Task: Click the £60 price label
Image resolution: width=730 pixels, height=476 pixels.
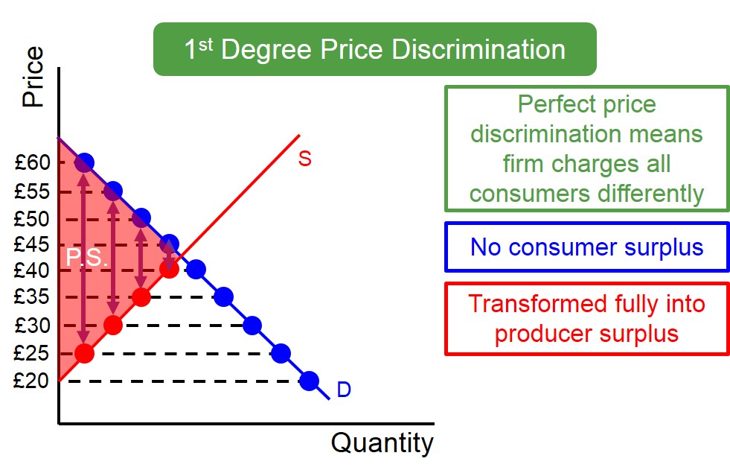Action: (x=31, y=162)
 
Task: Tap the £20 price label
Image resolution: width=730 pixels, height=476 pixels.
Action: (x=31, y=381)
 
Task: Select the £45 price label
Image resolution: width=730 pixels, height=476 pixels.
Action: (x=31, y=244)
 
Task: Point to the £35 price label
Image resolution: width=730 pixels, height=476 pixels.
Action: (x=31, y=297)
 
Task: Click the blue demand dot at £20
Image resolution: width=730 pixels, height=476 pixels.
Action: (x=309, y=381)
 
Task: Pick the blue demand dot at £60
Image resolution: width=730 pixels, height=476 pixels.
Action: (x=84, y=162)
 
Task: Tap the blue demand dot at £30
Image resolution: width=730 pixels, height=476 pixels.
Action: (x=252, y=325)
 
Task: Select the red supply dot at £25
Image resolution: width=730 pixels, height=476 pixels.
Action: (x=84, y=352)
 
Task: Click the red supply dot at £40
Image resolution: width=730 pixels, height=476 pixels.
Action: (x=169, y=269)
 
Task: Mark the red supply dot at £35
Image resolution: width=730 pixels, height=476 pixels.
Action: (x=141, y=297)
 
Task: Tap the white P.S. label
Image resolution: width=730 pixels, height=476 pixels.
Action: (x=87, y=258)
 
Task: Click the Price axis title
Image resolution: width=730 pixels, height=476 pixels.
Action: (x=33, y=77)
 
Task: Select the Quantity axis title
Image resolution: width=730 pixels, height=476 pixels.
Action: (x=382, y=443)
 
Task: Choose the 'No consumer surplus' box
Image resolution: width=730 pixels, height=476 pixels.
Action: (x=586, y=247)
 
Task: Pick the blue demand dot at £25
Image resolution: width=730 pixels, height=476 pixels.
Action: (x=281, y=352)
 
